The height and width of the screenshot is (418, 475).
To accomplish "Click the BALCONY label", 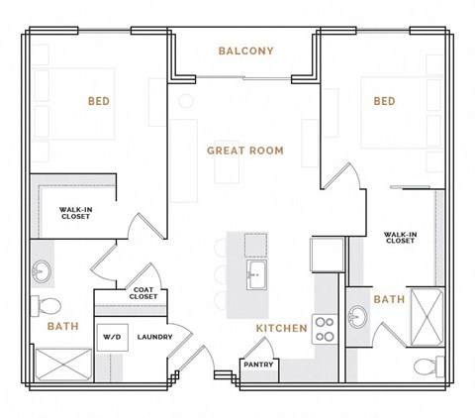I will click(245, 51).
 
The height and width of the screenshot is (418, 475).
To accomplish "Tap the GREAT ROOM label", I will click(244, 151).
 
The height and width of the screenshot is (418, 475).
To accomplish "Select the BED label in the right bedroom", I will click(384, 101).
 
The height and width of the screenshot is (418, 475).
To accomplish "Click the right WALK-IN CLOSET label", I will click(399, 238).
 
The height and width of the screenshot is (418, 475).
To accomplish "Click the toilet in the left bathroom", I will click(47, 304).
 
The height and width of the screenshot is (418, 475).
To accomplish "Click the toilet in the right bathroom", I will click(424, 367).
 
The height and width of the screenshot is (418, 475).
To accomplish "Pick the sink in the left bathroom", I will click(43, 269).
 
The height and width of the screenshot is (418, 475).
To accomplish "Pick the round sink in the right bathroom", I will click(359, 316).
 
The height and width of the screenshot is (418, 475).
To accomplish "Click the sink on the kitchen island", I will click(255, 274).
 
